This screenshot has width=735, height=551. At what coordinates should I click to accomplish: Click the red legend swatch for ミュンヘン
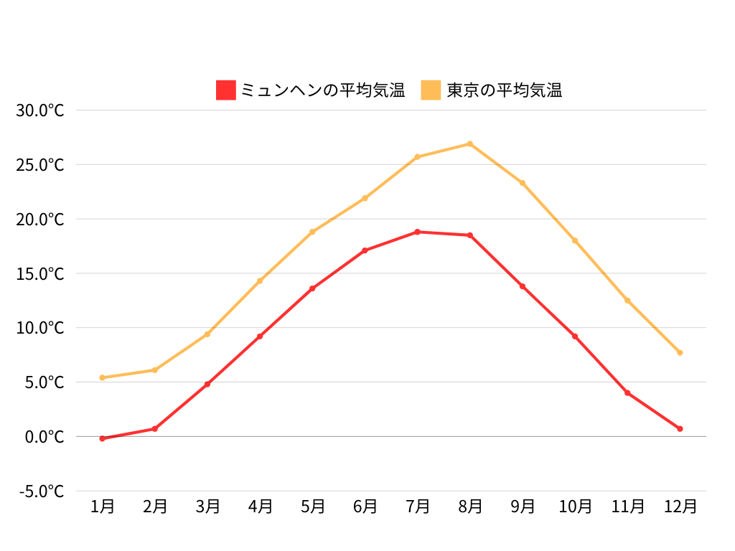(x=225, y=90)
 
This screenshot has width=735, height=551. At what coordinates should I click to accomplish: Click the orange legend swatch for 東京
(x=431, y=90)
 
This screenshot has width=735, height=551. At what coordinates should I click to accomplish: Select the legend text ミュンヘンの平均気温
(x=322, y=90)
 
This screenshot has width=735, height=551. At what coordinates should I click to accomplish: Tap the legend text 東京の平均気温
(x=504, y=90)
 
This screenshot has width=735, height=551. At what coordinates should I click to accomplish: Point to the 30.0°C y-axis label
(x=40, y=110)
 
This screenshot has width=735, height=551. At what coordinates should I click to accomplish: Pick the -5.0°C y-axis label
(x=40, y=491)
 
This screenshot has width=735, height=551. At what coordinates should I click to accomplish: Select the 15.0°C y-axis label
(x=40, y=273)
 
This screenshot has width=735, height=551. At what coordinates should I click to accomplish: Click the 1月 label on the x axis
(x=103, y=507)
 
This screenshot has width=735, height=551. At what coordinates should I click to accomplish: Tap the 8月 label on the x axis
(x=470, y=507)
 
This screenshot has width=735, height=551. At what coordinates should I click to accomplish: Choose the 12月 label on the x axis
(x=680, y=507)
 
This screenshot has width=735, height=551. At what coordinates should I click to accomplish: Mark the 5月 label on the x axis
(x=312, y=507)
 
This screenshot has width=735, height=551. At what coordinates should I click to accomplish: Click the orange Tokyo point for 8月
(x=470, y=143)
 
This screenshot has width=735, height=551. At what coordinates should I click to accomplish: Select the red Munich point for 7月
(x=417, y=232)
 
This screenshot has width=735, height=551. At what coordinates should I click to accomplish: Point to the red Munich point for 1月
(x=103, y=438)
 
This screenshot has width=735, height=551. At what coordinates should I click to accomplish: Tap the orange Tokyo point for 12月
(x=680, y=352)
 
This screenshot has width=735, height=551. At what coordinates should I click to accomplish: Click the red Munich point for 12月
(x=680, y=428)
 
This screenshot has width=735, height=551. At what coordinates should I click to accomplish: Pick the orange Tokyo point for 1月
(x=103, y=377)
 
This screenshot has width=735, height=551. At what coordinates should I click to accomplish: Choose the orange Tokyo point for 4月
(x=260, y=281)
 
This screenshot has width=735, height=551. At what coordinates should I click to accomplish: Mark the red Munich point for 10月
(x=575, y=336)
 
